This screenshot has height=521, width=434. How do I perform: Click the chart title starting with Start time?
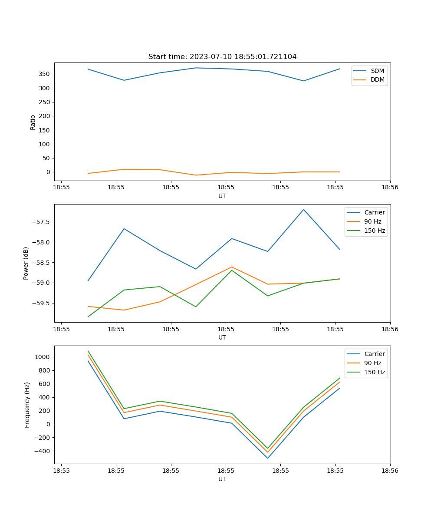(x=222, y=57)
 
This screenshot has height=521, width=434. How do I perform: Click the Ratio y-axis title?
(x=33, y=122)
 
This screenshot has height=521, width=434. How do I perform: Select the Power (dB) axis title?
(x=26, y=263)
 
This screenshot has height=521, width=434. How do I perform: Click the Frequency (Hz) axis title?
(x=27, y=405)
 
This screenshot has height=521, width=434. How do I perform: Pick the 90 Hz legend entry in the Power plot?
(x=372, y=221)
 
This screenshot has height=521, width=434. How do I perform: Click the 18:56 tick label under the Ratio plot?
(x=390, y=188)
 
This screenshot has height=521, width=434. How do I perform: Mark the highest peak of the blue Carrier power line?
(x=303, y=209)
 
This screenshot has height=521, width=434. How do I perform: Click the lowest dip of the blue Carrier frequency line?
(x=267, y=458)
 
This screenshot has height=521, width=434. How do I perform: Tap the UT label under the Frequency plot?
(x=222, y=479)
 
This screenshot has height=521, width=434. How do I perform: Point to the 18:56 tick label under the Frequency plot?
(x=390, y=471)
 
